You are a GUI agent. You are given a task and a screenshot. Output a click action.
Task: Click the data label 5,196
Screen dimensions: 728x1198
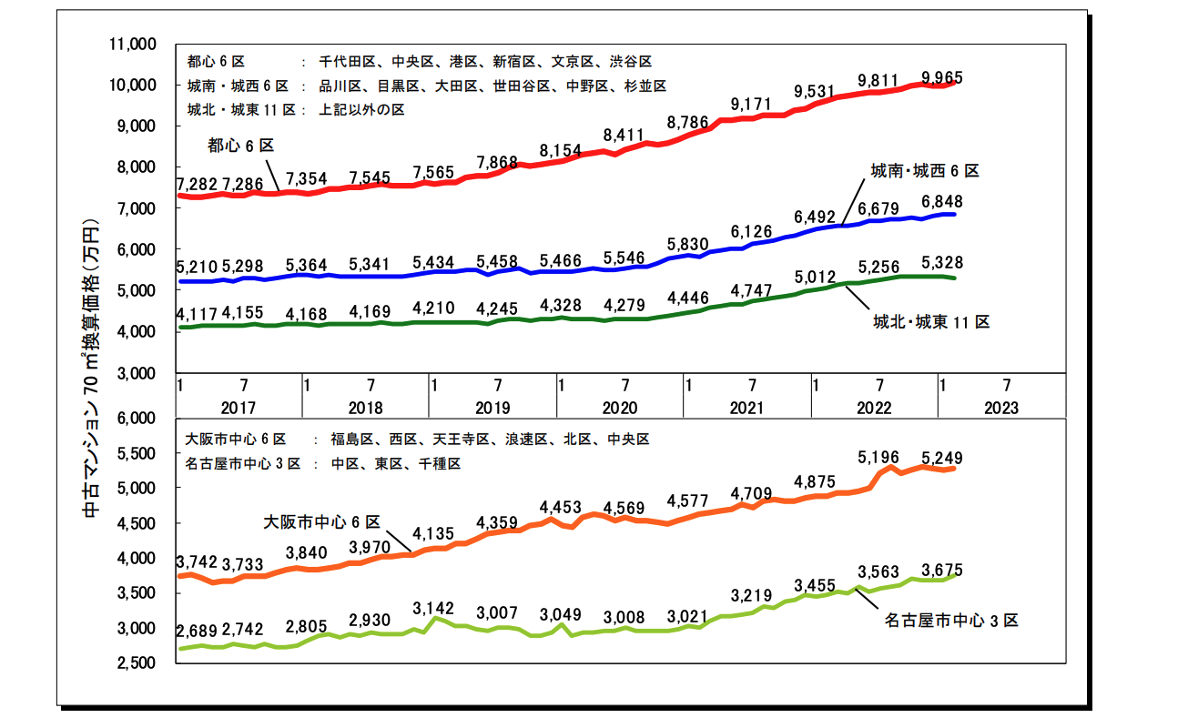pyautogui.click(x=878, y=458)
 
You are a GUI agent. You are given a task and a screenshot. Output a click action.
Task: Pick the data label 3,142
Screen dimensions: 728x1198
pyautogui.click(x=432, y=607)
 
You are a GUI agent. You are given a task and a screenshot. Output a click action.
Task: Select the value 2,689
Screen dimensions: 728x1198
pyautogui.click(x=197, y=631)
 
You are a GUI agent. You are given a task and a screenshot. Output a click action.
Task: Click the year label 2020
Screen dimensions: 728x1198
pyautogui.click(x=619, y=409)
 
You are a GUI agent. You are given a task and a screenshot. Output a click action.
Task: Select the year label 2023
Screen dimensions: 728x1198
pyautogui.click(x=1001, y=409)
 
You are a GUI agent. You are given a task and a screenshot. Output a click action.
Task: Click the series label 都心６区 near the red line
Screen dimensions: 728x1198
pyautogui.click(x=240, y=145)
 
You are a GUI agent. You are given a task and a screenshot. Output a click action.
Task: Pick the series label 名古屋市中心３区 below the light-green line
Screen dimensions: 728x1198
pyautogui.click(x=950, y=621)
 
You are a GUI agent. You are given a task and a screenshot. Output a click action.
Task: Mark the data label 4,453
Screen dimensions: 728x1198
pyautogui.click(x=560, y=507)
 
